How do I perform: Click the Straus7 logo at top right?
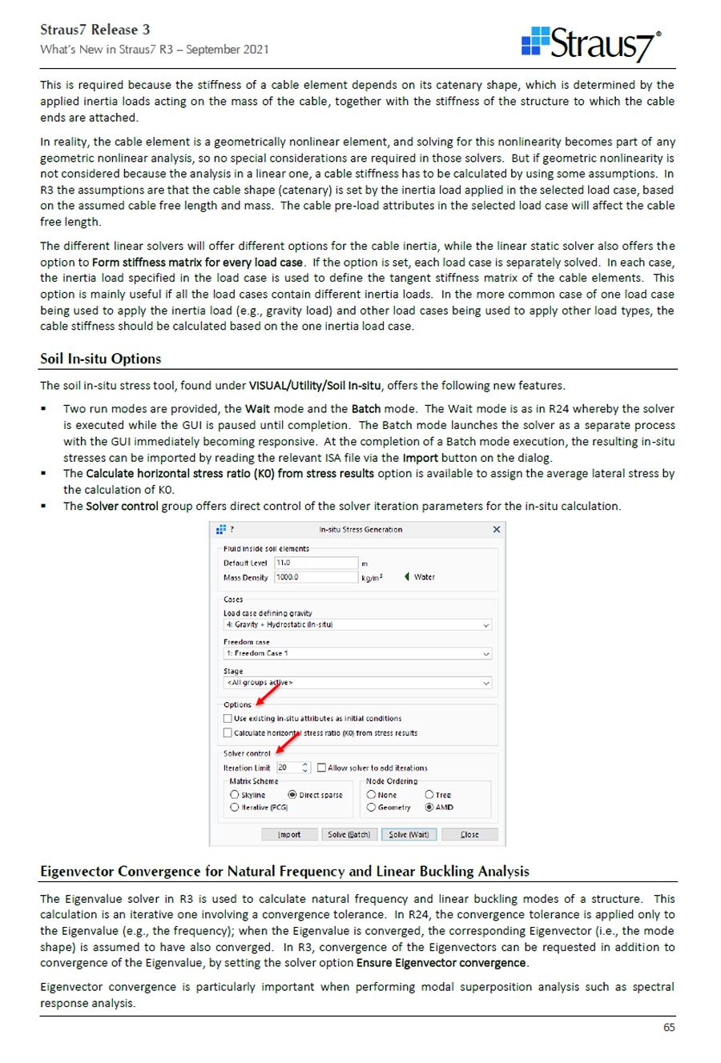[591, 44]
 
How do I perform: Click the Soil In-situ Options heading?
[101, 359]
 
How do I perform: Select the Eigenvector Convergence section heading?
[284, 871]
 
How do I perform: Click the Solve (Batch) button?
[349, 834]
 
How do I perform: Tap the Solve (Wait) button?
[409, 834]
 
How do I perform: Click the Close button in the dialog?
[469, 834]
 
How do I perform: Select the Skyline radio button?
[235, 795]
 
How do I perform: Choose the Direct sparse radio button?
[292, 795]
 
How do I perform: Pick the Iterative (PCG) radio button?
[235, 808]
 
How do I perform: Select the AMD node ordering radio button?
[429, 808]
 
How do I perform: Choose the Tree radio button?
[429, 795]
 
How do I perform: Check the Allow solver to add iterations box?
[321, 768]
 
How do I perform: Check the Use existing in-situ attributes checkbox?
[228, 719]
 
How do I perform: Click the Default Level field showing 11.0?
[316, 563]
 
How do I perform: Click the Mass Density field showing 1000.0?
[316, 577]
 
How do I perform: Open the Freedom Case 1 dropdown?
[357, 653]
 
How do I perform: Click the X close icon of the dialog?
[497, 529]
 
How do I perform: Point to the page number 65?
[669, 1028]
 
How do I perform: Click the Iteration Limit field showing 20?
[288, 768]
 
